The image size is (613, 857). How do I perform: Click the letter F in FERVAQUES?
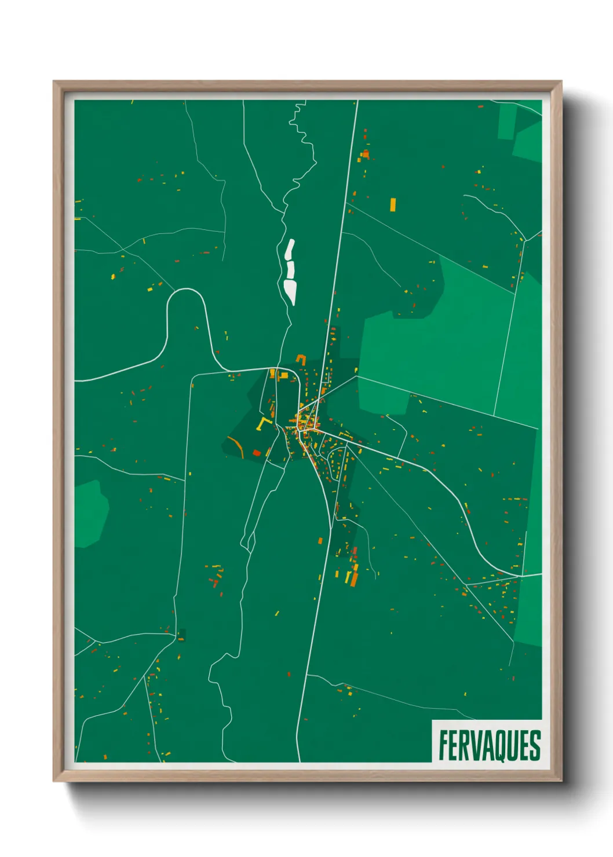tap(443, 746)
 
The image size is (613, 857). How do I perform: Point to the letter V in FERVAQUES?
tap(475, 746)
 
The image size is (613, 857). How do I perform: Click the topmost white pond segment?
tap(289, 250)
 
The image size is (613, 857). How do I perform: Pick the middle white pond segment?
tap(290, 270)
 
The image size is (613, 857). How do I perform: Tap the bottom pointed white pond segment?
tap(291, 291)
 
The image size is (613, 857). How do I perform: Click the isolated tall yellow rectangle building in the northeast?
tap(393, 204)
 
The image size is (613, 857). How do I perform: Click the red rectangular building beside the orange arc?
tap(257, 453)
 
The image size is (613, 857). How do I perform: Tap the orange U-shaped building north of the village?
tap(301, 360)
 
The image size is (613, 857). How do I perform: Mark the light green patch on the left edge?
tap(89, 513)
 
